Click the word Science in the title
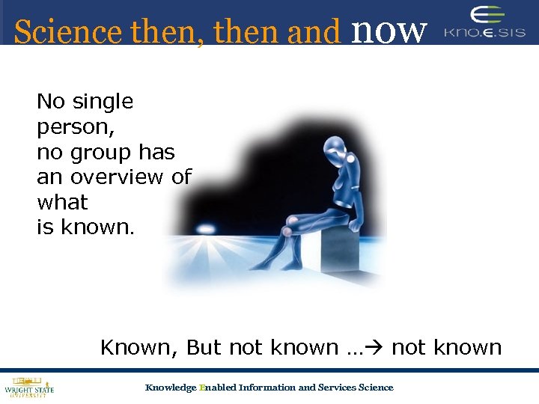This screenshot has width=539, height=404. coord(67,32)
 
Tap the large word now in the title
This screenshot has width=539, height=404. coord(389,29)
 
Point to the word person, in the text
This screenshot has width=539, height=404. coord(76,127)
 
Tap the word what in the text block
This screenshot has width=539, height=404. coord(62,203)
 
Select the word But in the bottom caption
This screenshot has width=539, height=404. coord(204,348)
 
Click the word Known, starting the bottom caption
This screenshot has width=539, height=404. coord(140,348)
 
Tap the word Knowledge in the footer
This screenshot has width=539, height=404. coord(170,388)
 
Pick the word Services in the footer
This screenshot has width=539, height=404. coord(338,388)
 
